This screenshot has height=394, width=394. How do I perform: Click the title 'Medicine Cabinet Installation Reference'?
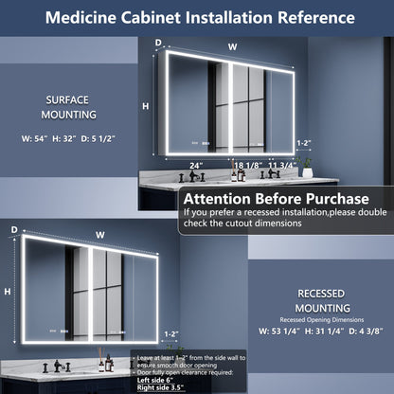coord(197,18)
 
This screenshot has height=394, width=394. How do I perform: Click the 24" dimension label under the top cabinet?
coord(196,165)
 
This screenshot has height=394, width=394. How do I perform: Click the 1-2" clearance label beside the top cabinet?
coord(302,142)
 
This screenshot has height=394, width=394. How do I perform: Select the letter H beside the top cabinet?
coord(146,106)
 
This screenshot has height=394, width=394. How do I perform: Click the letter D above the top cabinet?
coord(158,42)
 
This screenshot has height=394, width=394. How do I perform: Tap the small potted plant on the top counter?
coord(307,168)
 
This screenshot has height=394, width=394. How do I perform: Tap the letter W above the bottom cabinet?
coord(100,234)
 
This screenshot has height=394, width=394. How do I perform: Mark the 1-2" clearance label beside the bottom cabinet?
coord(170,333)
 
